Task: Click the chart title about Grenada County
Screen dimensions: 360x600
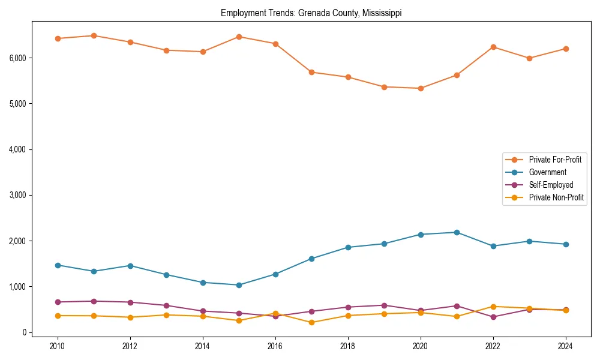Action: (311, 13)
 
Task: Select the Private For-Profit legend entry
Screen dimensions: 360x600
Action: (554, 160)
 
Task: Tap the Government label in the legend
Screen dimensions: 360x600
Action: (547, 172)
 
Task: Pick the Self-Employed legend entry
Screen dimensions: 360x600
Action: (551, 185)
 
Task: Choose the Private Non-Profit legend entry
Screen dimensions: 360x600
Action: (556, 197)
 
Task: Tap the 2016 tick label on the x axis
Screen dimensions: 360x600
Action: (275, 346)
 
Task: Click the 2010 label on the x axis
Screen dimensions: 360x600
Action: (58, 346)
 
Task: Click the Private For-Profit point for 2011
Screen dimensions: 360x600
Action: (94, 35)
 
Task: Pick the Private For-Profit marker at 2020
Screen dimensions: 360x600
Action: (421, 88)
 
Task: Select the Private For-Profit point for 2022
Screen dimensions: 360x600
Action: (493, 47)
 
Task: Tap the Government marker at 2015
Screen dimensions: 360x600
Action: (239, 285)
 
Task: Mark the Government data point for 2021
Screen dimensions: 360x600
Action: (457, 232)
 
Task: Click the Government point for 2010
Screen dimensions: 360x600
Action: (58, 265)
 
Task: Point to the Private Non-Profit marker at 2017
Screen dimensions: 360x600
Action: (311, 323)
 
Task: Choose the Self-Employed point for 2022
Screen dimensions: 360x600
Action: (493, 317)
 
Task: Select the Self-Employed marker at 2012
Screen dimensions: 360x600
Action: (130, 302)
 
